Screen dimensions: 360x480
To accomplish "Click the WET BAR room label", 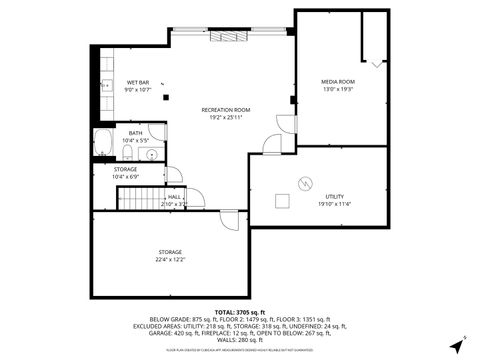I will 137,82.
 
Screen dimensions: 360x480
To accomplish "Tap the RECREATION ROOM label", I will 225,109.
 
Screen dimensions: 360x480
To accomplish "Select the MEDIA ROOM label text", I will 337,81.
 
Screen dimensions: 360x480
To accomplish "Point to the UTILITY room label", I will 334,197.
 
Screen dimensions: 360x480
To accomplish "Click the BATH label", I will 135,133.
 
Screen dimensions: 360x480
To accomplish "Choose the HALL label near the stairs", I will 174,197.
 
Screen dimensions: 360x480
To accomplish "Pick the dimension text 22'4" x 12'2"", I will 171,260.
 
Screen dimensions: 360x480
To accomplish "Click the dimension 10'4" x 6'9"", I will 125,177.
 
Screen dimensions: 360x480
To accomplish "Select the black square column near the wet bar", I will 167,98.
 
